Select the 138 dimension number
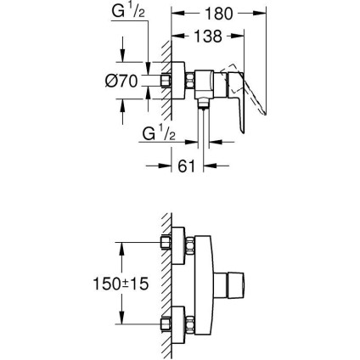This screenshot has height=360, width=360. tap(201, 37)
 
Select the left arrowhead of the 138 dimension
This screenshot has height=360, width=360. tap(177, 37)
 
